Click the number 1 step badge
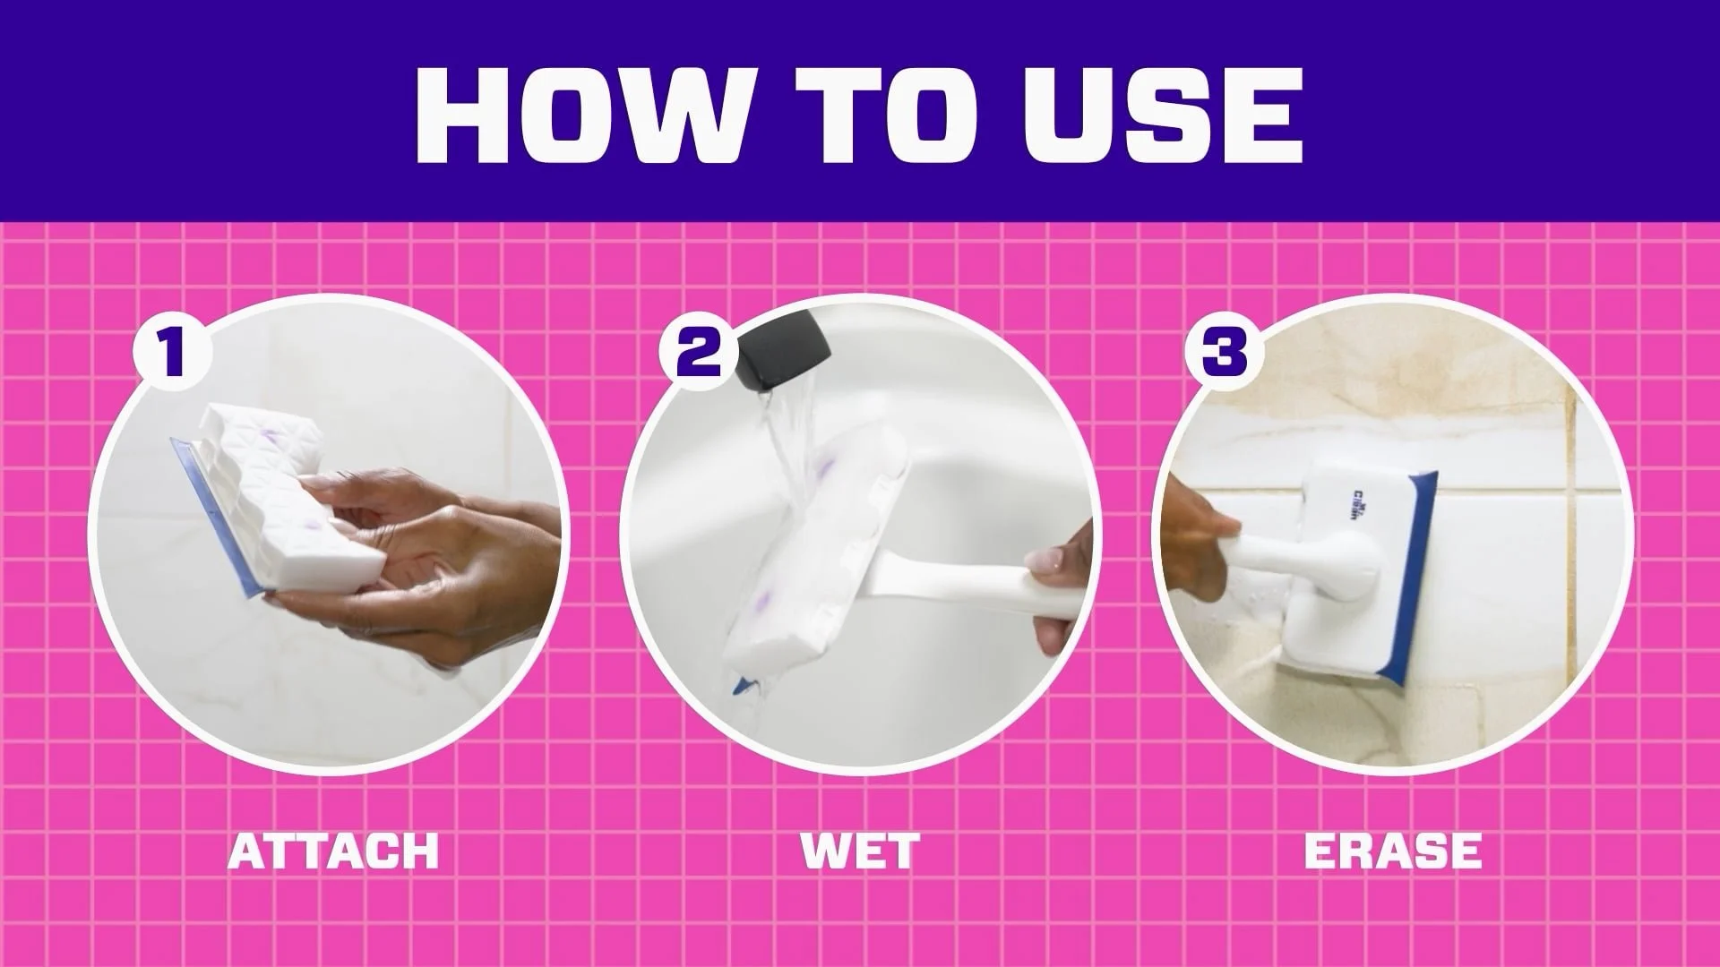tap(172, 352)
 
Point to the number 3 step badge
tap(1224, 352)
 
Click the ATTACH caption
tap(333, 851)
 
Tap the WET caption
tap(860, 851)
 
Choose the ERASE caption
tap(1393, 851)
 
